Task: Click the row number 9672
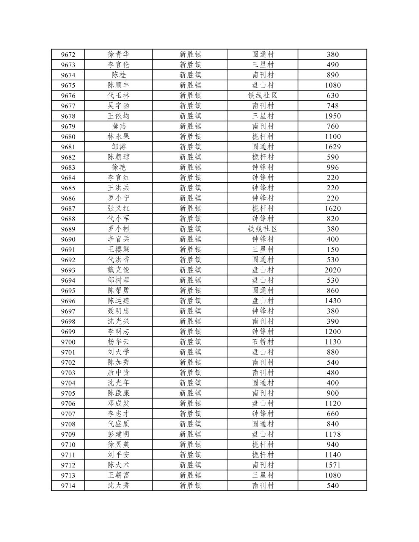68,55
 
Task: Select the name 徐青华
118,54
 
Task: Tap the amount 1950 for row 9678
333,116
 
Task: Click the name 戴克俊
118,270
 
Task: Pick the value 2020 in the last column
333,270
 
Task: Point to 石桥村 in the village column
262,342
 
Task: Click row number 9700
68,342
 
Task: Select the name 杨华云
118,342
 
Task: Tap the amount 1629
333,147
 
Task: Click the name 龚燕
118,126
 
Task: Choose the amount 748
333,106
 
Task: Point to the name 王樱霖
118,249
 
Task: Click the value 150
333,249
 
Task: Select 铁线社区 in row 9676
262,96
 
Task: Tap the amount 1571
333,465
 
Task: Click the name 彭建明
118,434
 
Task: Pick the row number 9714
68,486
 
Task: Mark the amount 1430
333,301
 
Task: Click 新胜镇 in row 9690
190,239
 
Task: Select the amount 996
333,167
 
